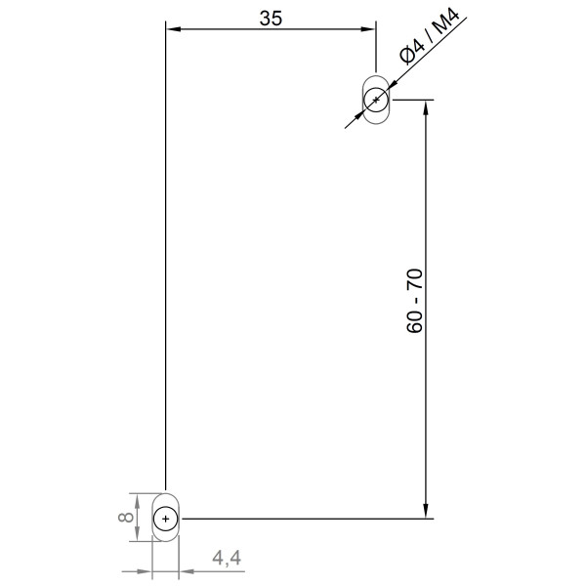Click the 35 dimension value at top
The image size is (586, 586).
pyautogui.click(x=271, y=17)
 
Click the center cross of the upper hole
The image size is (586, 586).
pyautogui.click(x=376, y=99)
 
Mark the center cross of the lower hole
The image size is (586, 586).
pyautogui.click(x=167, y=518)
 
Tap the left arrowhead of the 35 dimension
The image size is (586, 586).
pyautogui.click(x=172, y=29)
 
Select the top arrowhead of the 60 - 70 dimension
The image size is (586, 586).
pyautogui.click(x=426, y=106)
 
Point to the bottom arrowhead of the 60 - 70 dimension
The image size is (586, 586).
pyautogui.click(x=426, y=511)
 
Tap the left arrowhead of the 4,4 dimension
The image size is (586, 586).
pyautogui.click(x=146, y=570)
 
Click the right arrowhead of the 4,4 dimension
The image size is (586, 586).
pyautogui.click(x=188, y=570)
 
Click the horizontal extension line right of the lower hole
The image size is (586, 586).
pyautogui.click(x=303, y=518)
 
